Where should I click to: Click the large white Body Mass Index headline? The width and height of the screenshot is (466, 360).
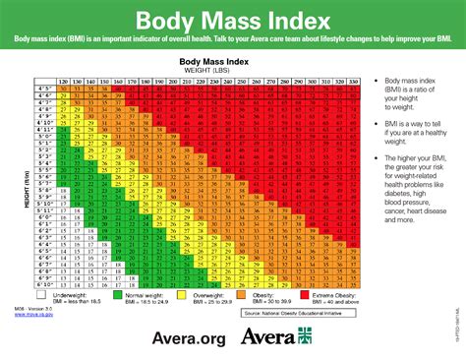click(x=232, y=21)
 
